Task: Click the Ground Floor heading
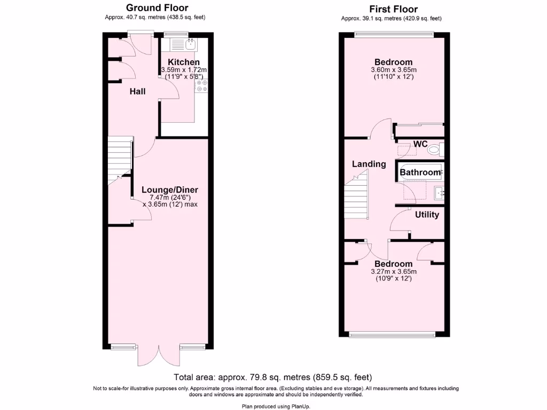[157, 8]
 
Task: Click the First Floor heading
[393, 9]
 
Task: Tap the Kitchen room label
[184, 62]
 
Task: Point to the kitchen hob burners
[202, 86]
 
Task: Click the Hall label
[138, 92]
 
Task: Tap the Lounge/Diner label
[170, 190]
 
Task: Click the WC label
[421, 145]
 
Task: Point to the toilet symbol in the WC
[434, 149]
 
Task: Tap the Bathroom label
[420, 172]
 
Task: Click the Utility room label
[427, 215]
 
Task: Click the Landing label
[369, 164]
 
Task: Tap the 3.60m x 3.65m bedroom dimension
[393, 70]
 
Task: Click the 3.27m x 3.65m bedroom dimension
[393, 272]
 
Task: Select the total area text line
[272, 377]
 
